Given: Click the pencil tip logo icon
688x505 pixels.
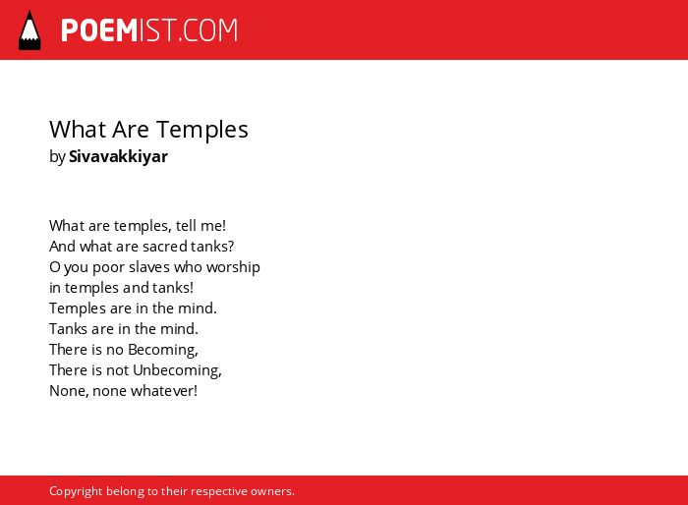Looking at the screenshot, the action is (29, 30).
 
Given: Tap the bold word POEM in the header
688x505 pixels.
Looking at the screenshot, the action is (99, 30).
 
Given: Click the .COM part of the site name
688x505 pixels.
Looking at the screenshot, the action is (207, 30).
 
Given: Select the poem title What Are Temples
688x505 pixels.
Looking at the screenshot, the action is (148, 130).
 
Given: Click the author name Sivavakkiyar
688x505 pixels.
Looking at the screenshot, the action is (119, 156).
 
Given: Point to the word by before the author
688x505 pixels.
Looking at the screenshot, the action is (57, 157).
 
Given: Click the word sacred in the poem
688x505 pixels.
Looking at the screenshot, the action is (165, 247).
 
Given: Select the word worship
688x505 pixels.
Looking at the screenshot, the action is (234, 267).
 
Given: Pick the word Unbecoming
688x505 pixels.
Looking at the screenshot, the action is (177, 370).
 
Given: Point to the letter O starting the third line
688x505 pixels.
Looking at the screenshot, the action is (54, 267).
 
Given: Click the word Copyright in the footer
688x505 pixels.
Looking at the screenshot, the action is (76, 491).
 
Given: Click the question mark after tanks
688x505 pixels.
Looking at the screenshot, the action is (231, 247).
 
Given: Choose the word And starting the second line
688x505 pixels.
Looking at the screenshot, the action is (62, 247).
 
